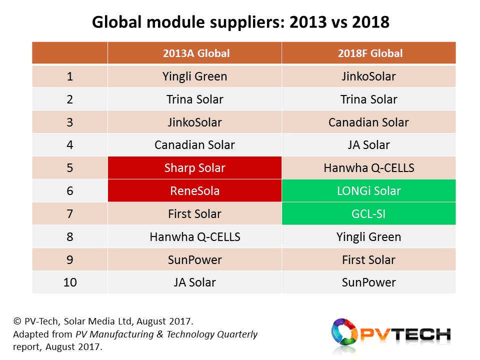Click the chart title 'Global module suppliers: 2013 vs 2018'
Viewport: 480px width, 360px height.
point(240,22)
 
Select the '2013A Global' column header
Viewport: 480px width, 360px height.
point(196,53)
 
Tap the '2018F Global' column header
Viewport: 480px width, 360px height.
point(370,53)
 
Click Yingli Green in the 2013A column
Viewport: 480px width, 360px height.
point(194,76)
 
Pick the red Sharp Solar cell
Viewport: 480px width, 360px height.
point(194,168)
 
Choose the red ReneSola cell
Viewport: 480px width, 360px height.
point(194,190)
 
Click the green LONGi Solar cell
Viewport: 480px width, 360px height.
point(369,190)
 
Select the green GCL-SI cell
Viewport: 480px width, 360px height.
point(369,213)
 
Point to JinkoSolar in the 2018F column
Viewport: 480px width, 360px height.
point(369,76)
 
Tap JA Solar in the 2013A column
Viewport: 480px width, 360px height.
point(194,282)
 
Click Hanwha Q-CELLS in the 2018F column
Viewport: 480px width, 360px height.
point(369,168)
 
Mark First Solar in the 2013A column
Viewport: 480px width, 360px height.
point(194,213)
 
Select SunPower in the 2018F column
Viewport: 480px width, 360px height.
point(369,282)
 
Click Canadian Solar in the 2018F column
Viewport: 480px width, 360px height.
point(369,122)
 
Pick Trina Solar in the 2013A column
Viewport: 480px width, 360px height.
point(194,99)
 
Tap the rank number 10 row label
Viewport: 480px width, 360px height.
point(70,282)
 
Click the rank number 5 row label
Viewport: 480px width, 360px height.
point(70,168)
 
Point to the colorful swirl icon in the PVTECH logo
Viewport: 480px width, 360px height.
point(344,332)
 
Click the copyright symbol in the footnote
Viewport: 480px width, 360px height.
point(17,321)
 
